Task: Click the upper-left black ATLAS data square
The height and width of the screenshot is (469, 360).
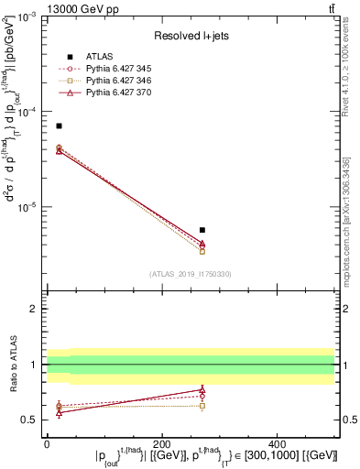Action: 59,125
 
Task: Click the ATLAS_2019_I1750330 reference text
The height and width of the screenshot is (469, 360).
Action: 190,274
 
